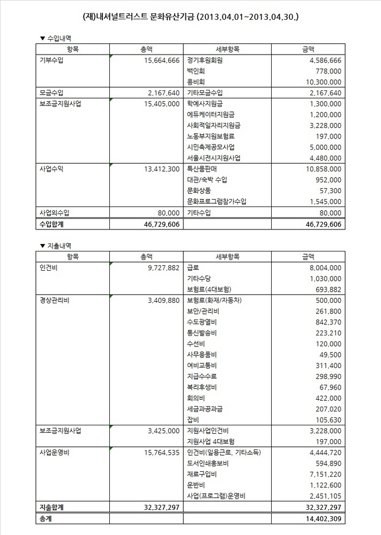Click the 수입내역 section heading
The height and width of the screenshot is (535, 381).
(59, 38)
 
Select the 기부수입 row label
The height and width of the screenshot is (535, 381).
(51, 60)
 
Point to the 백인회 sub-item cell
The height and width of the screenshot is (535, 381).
(196, 71)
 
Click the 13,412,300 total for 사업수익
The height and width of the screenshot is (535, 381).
(158, 169)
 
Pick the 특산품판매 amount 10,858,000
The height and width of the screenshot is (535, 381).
(324, 169)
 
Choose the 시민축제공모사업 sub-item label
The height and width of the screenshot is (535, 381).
(211, 147)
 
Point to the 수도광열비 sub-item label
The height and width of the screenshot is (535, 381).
(201, 322)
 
